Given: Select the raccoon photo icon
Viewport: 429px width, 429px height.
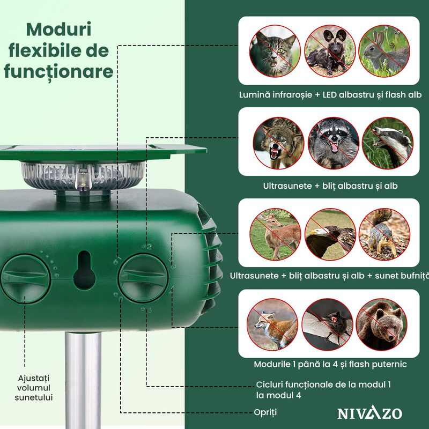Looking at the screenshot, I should click(x=334, y=143).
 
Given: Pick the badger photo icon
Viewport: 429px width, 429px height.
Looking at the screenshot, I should click(x=387, y=143).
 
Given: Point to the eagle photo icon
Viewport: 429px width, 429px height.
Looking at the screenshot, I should click(x=330, y=234).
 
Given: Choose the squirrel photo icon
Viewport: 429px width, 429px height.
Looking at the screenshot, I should click(x=384, y=234).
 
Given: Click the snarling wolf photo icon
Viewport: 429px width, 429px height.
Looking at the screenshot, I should click(x=279, y=143).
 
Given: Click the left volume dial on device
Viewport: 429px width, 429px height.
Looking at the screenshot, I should click(x=26, y=277).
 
